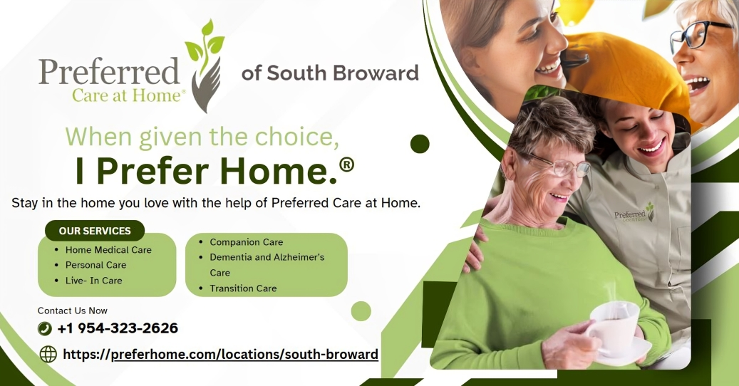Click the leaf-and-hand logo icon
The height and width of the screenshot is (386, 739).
(206, 66)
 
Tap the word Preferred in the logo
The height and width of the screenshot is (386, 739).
(109, 71)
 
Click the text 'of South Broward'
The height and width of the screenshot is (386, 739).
(330, 73)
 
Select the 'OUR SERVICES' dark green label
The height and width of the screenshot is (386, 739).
(95, 231)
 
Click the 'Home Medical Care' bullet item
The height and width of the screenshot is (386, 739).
(108, 250)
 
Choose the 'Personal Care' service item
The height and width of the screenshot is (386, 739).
(95, 265)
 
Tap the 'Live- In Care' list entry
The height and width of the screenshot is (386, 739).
(94, 281)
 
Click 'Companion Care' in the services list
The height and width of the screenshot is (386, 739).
(247, 242)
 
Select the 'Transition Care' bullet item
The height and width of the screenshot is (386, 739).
(243, 288)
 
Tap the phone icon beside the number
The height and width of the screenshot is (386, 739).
(45, 328)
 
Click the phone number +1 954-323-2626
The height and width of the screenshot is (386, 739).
(118, 328)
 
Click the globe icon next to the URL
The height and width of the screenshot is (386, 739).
(48, 354)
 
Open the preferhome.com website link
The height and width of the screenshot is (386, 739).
(221, 354)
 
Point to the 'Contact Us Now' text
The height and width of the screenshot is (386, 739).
(73, 311)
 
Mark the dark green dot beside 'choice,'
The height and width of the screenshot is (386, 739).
(420, 144)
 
